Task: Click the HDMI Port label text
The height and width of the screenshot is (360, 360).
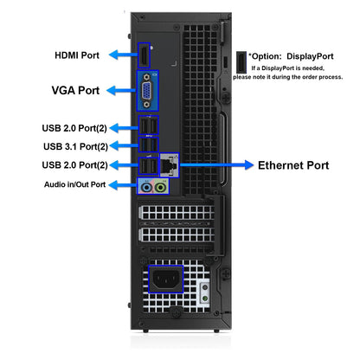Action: (77, 55)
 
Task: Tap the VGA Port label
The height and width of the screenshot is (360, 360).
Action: (75, 90)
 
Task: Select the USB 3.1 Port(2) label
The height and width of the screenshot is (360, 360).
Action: (75, 146)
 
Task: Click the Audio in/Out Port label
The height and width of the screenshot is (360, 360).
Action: (74, 184)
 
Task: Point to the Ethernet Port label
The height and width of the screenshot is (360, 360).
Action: (293, 165)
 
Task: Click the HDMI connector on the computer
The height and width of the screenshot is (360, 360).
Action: (144, 55)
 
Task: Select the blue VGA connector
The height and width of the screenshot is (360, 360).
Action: (147, 91)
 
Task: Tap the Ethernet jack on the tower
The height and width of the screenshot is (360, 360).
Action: (170, 165)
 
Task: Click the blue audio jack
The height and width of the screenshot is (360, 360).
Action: (146, 188)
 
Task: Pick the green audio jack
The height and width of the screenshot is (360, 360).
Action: (160, 188)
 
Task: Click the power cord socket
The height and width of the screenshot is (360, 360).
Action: (166, 279)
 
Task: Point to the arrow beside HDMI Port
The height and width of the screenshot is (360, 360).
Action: (124, 55)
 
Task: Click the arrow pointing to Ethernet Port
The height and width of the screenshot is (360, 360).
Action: (216, 165)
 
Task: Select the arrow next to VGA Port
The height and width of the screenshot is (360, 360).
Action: (121, 90)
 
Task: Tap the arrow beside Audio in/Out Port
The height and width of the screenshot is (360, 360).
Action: (123, 184)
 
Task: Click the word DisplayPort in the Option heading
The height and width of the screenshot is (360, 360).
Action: (310, 56)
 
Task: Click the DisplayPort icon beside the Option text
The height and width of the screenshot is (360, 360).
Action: (241, 62)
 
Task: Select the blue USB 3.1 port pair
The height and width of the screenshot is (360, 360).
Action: (149, 145)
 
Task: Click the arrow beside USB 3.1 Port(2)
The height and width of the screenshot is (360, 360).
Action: (125, 145)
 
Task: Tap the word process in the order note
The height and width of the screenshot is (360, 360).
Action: (331, 77)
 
